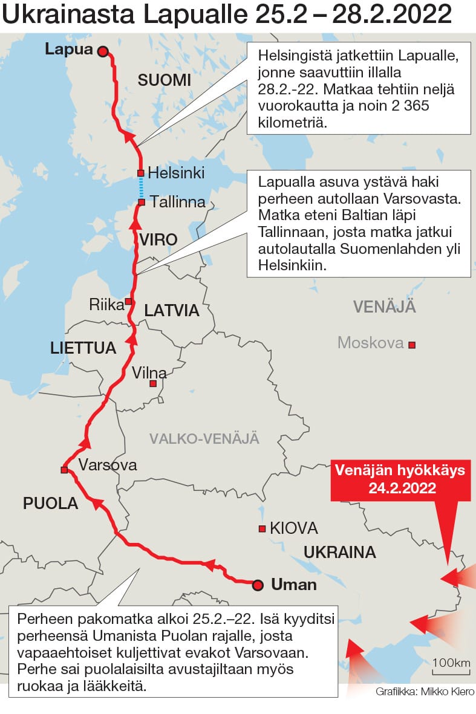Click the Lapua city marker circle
click(103, 52)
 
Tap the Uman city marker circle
click(258, 585)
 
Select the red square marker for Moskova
click(412, 345)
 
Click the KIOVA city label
click(294, 528)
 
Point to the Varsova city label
click(108, 465)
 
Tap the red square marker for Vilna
click(153, 383)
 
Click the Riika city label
click(106, 304)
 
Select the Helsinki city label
click(176, 171)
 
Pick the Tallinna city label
click(177, 201)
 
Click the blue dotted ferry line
click(141, 187)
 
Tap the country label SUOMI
click(164, 80)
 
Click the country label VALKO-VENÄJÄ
click(204, 438)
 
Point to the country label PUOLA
click(51, 503)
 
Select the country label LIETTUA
click(83, 348)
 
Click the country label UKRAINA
click(339, 552)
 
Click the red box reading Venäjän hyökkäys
click(400, 479)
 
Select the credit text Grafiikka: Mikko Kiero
click(425, 692)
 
